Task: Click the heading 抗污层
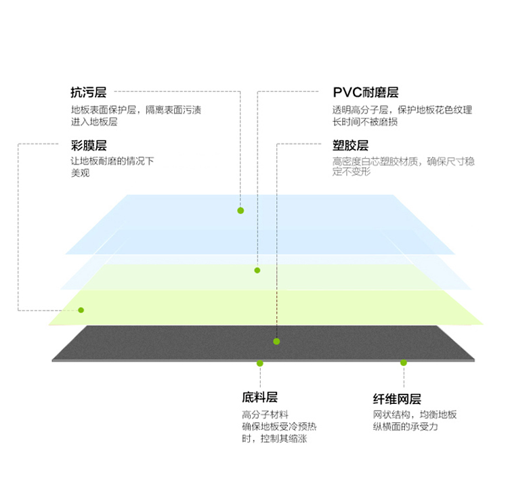[89, 92]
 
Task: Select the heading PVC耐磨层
[366, 92]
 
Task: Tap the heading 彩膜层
[89, 145]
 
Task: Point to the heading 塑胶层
[351, 145]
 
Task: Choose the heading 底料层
[260, 397]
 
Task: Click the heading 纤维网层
[397, 399]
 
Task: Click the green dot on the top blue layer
[240, 210]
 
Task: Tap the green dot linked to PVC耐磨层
[257, 270]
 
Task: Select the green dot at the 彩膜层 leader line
[81, 310]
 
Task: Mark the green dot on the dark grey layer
[276, 342]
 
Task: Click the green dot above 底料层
[260, 363]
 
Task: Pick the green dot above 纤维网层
[404, 363]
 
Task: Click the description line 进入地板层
[94, 122]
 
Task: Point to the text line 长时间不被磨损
[365, 122]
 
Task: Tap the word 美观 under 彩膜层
[81, 173]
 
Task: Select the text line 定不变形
[352, 171]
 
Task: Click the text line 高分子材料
[265, 414]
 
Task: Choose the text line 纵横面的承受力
[405, 426]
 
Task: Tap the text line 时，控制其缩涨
[274, 438]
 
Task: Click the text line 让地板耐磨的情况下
[112, 161]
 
